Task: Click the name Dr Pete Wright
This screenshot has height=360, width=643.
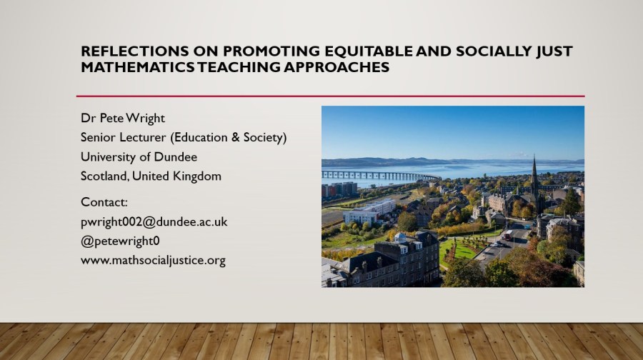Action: coord(123,118)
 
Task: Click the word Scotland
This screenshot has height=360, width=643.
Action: coord(104,176)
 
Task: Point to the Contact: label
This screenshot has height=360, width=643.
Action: coord(104,202)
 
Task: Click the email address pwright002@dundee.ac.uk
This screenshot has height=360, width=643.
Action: coord(154,222)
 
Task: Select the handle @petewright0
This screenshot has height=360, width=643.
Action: coord(120,241)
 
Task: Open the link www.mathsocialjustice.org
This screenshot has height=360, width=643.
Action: coord(153,261)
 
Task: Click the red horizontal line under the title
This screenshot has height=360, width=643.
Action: coord(330,96)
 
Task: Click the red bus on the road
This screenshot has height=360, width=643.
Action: coord(508,235)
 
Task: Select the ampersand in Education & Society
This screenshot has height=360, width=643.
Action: coord(235,137)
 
